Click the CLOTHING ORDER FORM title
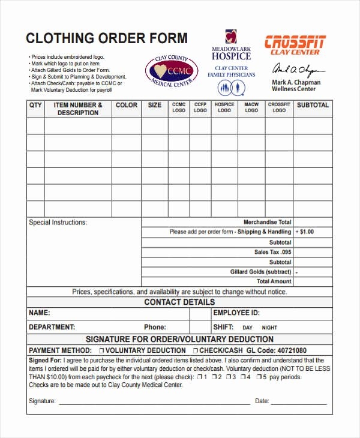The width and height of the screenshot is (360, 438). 106,38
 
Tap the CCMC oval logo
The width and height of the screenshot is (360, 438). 172,71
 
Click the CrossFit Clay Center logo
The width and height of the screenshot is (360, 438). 295,46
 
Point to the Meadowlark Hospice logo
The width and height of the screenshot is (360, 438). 231,46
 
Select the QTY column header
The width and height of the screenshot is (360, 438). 35,105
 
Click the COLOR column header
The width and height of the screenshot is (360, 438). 127,105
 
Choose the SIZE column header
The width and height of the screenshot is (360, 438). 155,105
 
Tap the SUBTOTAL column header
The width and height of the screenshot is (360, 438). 313,105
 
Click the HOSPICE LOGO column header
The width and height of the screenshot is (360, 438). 224,107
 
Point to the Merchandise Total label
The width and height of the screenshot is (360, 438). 268,222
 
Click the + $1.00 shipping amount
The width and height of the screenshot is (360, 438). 305,232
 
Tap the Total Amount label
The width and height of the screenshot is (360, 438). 274,281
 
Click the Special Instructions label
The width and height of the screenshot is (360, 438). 58,223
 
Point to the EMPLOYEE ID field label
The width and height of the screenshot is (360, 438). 236,313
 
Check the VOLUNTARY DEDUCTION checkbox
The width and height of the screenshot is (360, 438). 102,350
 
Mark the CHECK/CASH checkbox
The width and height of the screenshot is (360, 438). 196,350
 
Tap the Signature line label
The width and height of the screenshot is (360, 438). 42,401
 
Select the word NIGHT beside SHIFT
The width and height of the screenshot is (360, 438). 269,328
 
